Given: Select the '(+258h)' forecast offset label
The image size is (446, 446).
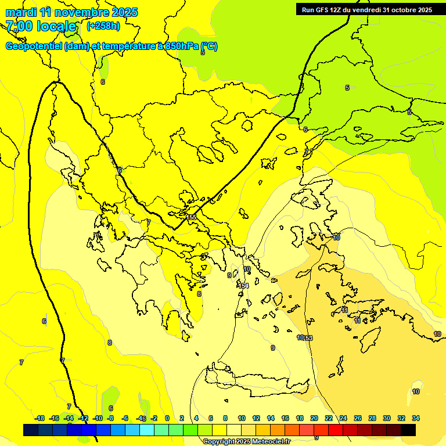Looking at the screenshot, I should tap(103, 26).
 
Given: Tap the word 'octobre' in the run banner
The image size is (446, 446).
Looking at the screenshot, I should tap(398, 10).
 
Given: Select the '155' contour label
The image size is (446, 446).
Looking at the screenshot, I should tap(191, 217).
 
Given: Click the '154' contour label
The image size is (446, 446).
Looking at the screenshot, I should tap(243, 286).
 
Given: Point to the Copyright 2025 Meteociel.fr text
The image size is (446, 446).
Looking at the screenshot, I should tap(246, 441).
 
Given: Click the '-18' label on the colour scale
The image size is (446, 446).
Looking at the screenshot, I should tap(40, 418).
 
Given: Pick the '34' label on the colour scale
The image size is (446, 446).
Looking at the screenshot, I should tap(416, 418).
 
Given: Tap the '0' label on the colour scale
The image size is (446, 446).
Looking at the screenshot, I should tap(167, 418).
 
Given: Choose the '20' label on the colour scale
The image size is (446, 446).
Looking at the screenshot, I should tap(314, 418).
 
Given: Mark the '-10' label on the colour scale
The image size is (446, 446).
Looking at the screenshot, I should tap(98, 418).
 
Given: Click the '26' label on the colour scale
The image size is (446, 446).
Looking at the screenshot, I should tap(358, 418).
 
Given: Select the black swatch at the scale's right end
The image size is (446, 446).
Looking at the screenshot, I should tap(408, 430).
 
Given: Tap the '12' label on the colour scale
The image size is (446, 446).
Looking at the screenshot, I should tap(256, 418).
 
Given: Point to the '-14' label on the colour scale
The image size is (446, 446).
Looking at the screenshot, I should tap(69, 418).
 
